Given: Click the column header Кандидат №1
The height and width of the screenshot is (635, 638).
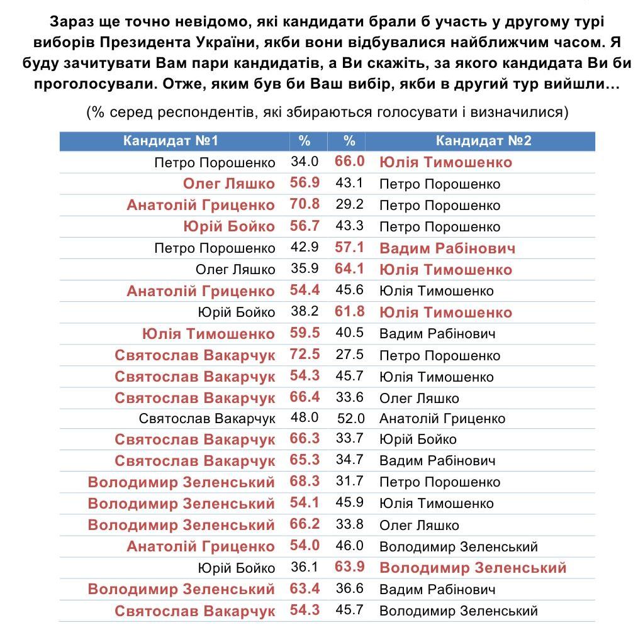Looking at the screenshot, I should click(171, 140).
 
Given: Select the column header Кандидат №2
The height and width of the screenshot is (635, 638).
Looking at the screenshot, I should click(483, 140).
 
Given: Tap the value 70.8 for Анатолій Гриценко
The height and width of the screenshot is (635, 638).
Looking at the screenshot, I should click(305, 204).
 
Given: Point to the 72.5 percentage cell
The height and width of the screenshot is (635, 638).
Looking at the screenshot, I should click(305, 354).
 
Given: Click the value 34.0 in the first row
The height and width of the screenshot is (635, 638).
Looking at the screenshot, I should click(305, 162).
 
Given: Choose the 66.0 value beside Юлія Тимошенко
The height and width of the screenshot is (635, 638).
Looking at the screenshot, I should click(350, 162).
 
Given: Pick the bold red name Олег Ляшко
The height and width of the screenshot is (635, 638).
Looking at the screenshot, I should click(228, 184).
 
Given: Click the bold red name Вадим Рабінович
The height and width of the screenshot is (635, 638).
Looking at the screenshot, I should click(447, 248).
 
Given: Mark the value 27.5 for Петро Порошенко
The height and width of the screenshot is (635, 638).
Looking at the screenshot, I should click(350, 354).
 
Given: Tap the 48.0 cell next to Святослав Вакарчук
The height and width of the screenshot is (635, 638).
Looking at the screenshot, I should click(305, 417).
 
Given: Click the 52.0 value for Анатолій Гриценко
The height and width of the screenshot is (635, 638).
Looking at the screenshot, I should click(350, 417).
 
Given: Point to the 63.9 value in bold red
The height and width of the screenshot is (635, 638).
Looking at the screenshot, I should click(350, 567).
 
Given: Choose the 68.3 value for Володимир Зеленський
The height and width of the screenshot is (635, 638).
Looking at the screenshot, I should click(305, 482).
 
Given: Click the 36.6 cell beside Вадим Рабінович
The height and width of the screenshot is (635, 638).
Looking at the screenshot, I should click(350, 589).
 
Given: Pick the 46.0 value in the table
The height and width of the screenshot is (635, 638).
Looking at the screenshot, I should click(350, 546).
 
